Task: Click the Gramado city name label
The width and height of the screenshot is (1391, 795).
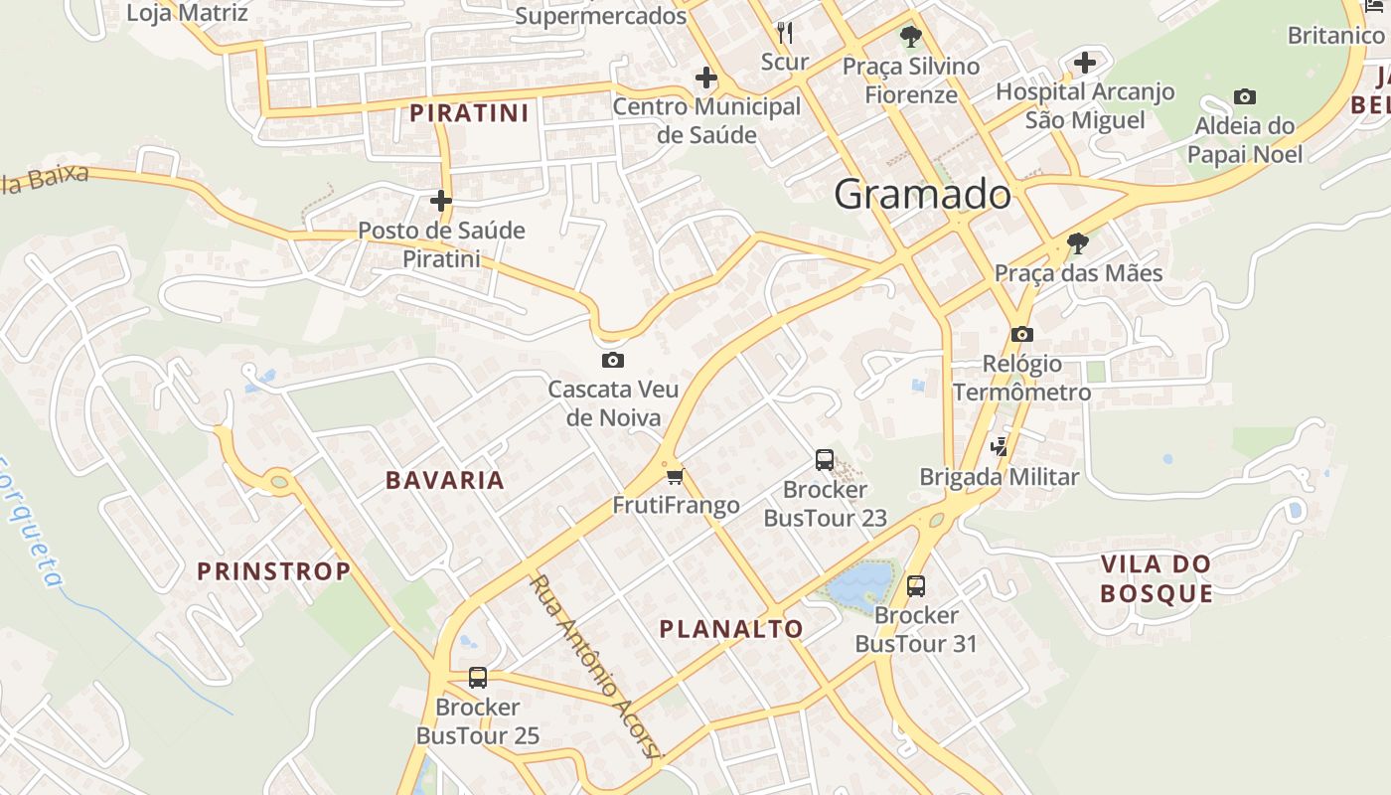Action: point(922,194)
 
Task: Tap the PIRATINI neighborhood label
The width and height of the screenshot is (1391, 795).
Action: point(469,113)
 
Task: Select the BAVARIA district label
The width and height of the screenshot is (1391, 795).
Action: point(445,480)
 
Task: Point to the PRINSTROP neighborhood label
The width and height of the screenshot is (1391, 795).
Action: point(274,571)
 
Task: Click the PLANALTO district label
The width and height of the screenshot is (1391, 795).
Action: point(731,629)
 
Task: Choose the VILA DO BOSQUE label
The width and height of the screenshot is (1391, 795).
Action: point(1157,579)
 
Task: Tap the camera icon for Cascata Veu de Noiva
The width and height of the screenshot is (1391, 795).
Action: point(613,360)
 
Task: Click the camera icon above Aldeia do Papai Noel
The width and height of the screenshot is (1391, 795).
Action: point(1244,96)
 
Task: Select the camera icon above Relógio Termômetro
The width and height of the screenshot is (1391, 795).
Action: point(1022,334)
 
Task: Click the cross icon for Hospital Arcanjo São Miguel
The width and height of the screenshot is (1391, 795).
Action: point(1085,63)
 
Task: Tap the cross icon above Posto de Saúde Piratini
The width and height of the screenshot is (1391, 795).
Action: point(441,201)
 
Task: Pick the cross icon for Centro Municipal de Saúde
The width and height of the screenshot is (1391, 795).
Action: point(706,77)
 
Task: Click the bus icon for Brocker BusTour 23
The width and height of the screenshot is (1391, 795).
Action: point(825,459)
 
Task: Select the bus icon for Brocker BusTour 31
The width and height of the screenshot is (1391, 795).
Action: point(916,585)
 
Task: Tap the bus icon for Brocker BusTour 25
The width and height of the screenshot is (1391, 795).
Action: point(478,678)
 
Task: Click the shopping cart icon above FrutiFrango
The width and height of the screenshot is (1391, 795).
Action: point(676,476)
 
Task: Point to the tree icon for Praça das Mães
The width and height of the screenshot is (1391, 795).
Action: point(1077,242)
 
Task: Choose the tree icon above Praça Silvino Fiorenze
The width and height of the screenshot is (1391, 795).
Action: point(909,38)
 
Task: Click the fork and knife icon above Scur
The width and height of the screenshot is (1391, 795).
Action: point(785,33)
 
